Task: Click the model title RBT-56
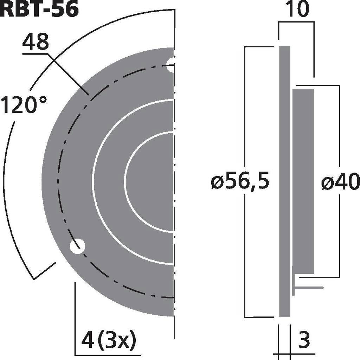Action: (39, 9)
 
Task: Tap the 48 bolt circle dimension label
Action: (35, 43)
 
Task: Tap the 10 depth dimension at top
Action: (297, 10)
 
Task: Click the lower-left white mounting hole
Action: (77, 246)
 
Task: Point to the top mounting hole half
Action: (171, 65)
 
